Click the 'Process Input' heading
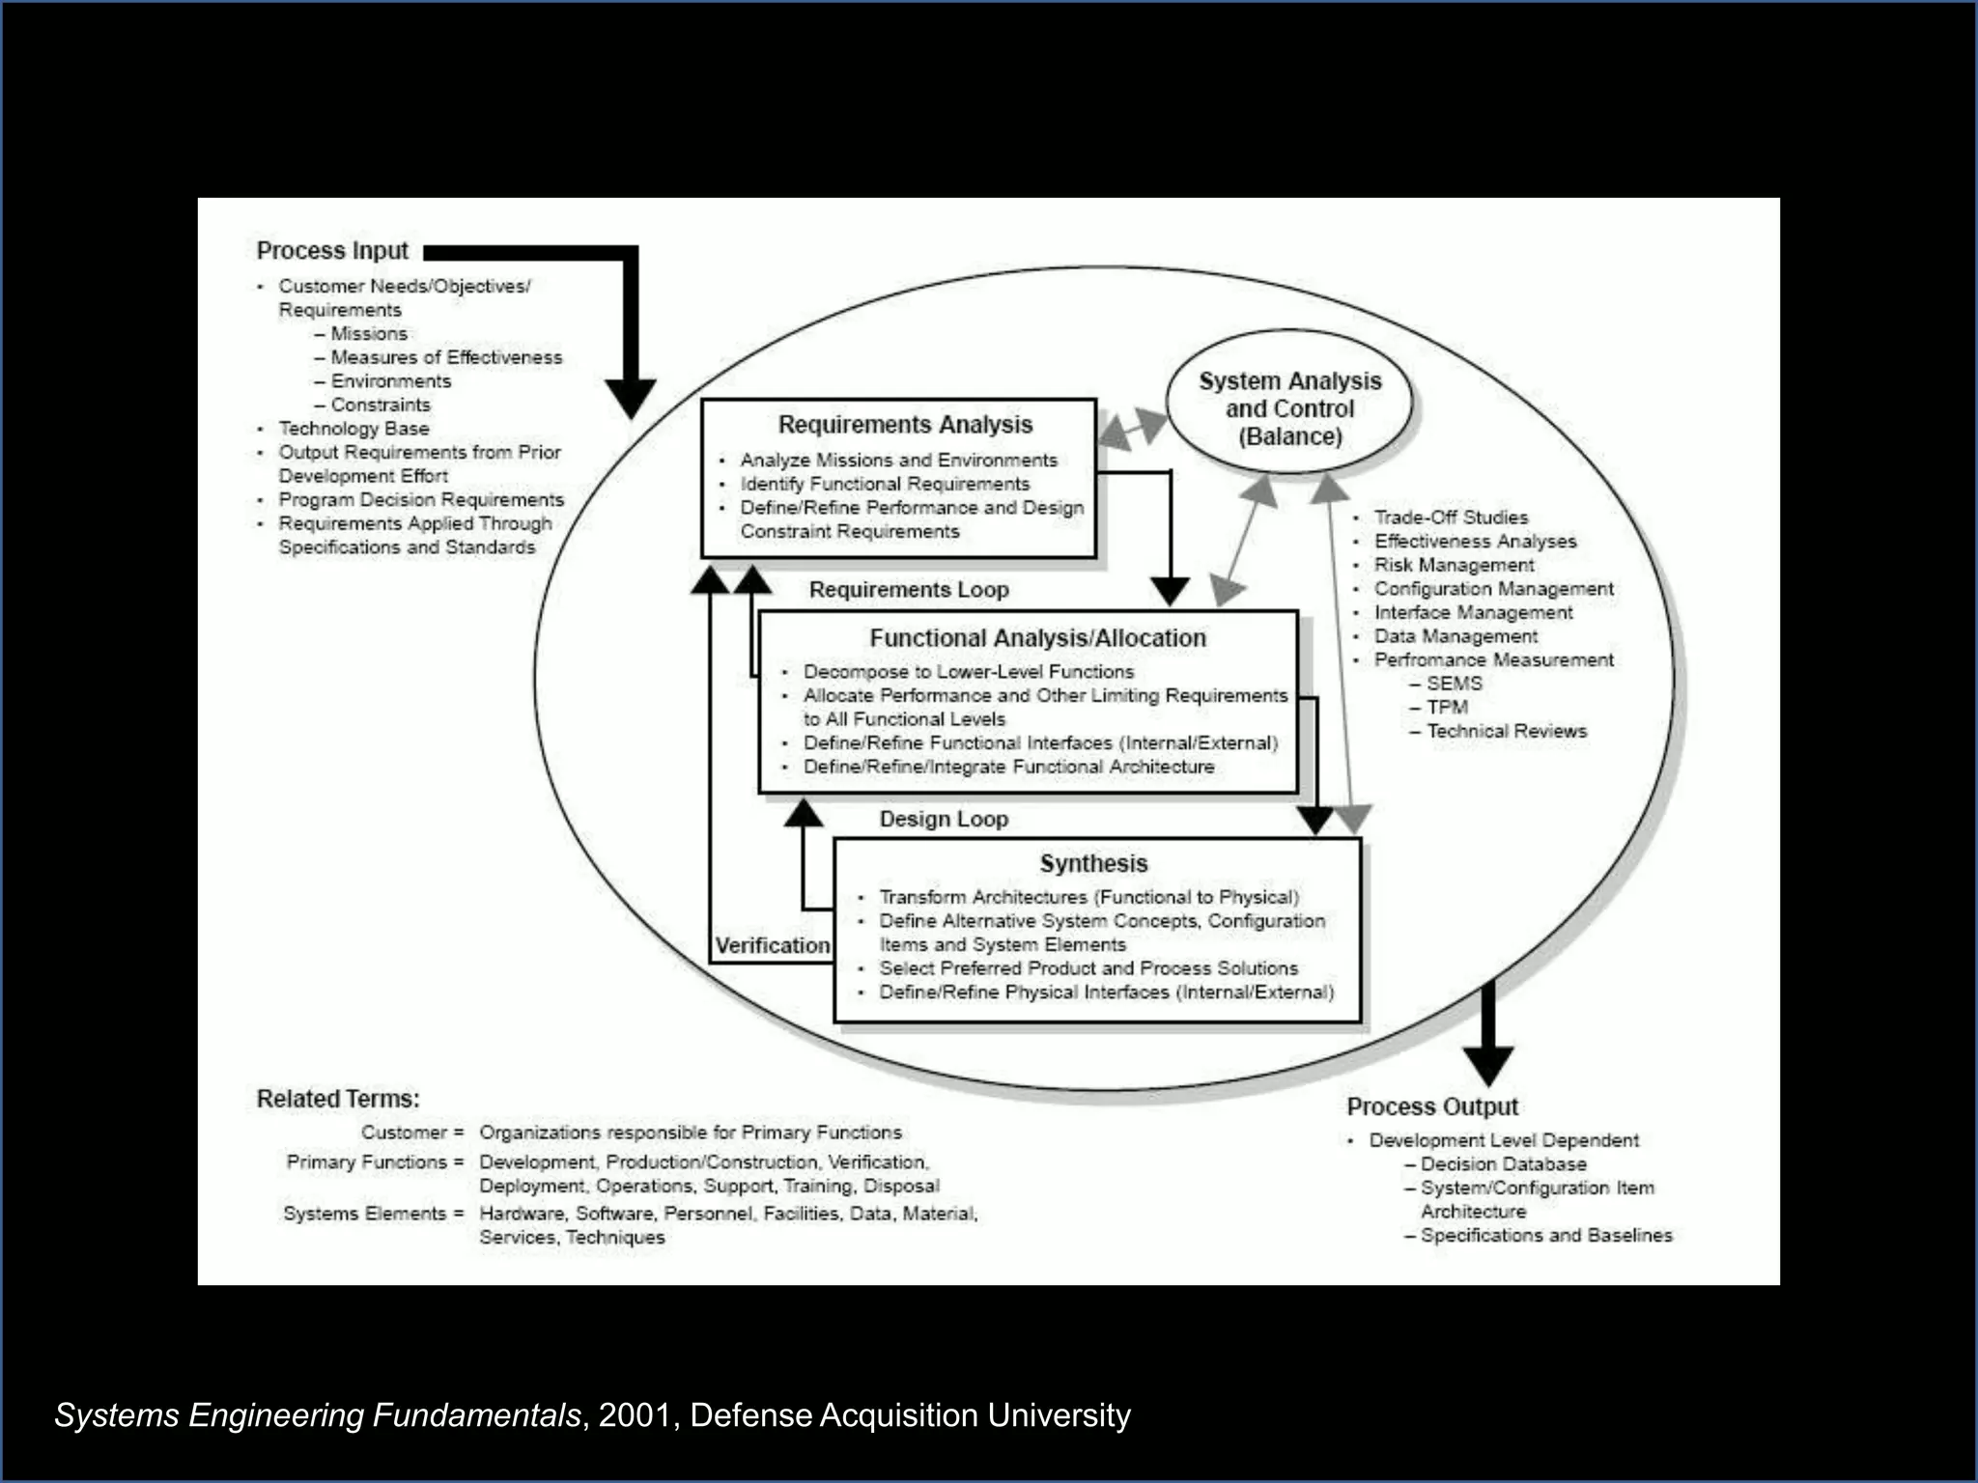click(x=332, y=251)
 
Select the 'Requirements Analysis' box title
click(x=905, y=425)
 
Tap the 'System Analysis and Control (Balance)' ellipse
click(x=1289, y=408)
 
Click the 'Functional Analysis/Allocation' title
click(x=1037, y=638)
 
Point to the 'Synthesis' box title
click(x=1093, y=863)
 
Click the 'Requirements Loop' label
click(x=909, y=590)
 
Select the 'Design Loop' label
click(x=944, y=820)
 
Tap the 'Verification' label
click(x=773, y=945)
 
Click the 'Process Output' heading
click(x=1432, y=1106)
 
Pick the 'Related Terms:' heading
click(x=338, y=1099)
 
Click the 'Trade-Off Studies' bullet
click(x=1451, y=518)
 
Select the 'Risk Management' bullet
click(x=1454, y=565)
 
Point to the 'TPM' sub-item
click(x=1447, y=707)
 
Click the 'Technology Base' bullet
click(x=353, y=429)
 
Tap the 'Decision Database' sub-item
click(x=1503, y=1164)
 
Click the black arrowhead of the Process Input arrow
click(x=630, y=397)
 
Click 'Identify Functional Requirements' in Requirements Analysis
click(x=885, y=484)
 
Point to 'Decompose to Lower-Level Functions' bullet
click(x=968, y=672)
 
